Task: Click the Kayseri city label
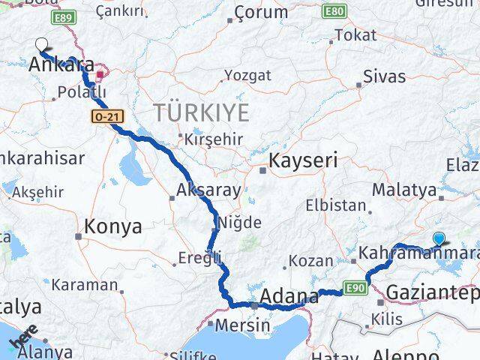click(x=303, y=160)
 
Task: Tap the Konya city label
click(x=113, y=226)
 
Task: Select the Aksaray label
click(x=208, y=190)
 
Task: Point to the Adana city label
click(x=290, y=296)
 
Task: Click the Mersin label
click(x=242, y=326)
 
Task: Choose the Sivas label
click(x=384, y=76)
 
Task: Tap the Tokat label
click(x=355, y=35)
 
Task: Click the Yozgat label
click(x=248, y=76)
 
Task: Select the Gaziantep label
click(x=430, y=292)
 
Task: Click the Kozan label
click(x=310, y=261)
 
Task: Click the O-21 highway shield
click(x=103, y=116)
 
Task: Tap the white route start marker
click(x=42, y=45)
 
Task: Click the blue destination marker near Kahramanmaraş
click(x=439, y=238)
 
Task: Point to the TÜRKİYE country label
click(x=201, y=113)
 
